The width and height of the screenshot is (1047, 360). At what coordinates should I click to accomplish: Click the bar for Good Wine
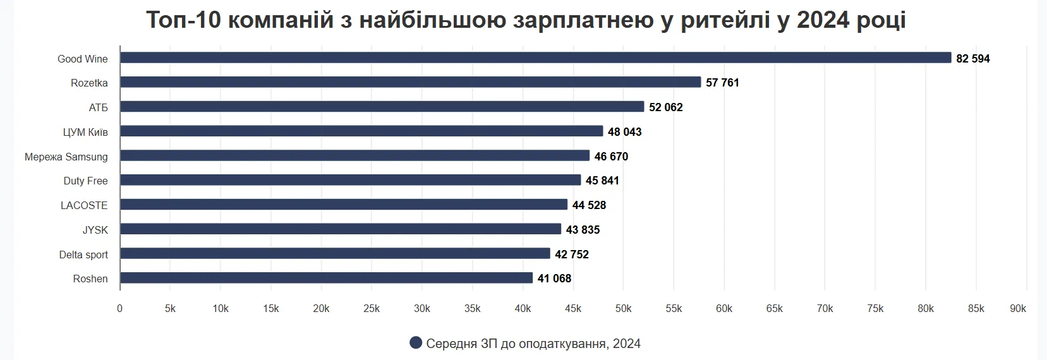point(535,57)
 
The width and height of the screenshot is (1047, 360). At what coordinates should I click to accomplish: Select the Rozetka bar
point(411,82)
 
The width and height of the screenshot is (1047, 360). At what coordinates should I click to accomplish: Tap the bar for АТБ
point(382,107)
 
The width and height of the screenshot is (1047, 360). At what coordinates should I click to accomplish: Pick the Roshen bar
point(327,278)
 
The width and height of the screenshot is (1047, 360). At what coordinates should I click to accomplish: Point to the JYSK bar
point(341,229)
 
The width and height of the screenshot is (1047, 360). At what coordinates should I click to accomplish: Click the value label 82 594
point(973,59)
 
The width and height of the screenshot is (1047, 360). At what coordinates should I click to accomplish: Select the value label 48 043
point(624,132)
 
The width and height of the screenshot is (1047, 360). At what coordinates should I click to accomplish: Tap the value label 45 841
point(602,181)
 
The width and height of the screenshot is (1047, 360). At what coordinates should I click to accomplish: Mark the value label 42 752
point(572,255)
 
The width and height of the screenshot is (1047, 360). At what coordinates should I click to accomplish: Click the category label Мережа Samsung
point(66,157)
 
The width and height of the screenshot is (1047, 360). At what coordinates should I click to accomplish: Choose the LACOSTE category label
point(84,205)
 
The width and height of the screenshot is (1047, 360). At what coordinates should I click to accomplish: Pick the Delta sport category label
point(83,255)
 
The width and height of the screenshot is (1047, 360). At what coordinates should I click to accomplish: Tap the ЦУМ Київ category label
point(85,132)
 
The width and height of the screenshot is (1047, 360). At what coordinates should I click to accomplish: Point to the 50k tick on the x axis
point(623,308)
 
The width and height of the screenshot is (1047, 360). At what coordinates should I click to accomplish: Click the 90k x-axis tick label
point(1018,308)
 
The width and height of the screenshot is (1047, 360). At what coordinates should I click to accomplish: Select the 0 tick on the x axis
point(120,308)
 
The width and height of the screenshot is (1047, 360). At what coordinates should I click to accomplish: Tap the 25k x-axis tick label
point(372,308)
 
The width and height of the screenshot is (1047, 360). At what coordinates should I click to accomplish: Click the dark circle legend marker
point(416,343)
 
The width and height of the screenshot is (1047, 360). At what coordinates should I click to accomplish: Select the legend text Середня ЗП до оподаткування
point(517,344)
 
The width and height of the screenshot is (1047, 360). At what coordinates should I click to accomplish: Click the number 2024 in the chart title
point(823,20)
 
